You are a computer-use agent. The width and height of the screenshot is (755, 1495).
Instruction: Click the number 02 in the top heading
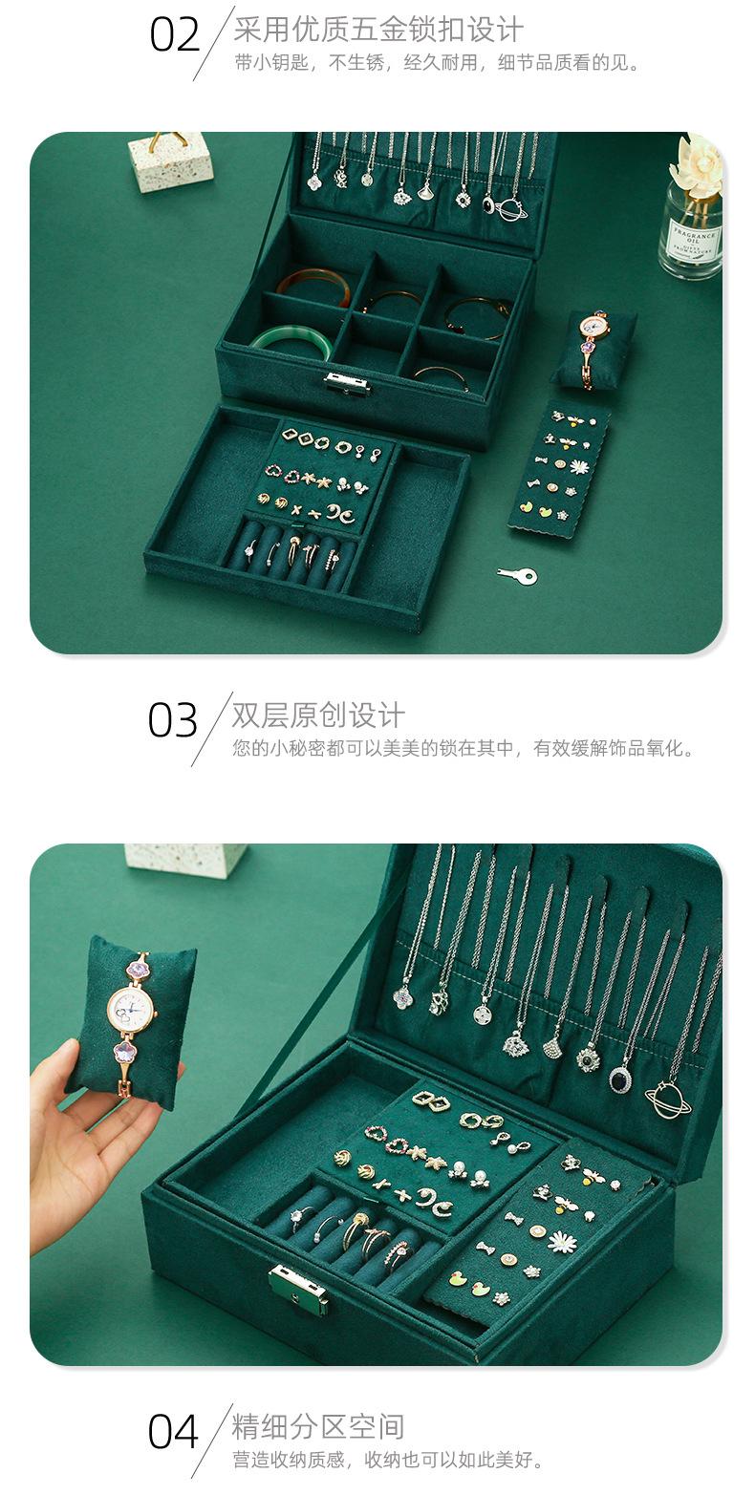[x=175, y=35]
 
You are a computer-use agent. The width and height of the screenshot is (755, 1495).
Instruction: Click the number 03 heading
[x=173, y=720]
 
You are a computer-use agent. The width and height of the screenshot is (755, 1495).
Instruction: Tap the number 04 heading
[x=173, y=1432]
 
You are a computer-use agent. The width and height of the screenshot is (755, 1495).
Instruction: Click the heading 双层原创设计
[x=318, y=715]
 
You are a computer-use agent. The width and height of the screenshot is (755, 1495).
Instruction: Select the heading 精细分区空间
[x=318, y=1427]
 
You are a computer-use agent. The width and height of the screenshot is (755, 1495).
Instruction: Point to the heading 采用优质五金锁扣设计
[x=378, y=29]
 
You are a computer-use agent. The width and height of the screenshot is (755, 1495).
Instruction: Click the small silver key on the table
[x=517, y=575]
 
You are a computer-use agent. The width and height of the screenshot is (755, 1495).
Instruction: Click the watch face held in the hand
[x=131, y=1007]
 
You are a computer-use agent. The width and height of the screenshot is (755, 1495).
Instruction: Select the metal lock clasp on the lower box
[x=300, y=1288]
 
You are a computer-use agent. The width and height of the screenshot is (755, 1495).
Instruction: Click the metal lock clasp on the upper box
[x=346, y=383]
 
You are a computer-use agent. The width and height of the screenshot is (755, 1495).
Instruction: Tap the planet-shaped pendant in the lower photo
[x=668, y=1100]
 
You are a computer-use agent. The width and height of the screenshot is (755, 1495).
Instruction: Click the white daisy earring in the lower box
[x=562, y=1241]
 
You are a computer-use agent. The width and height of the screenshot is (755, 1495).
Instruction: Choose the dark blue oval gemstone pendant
[x=620, y=1079]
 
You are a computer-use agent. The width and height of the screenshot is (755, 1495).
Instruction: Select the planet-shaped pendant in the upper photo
[x=511, y=209]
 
